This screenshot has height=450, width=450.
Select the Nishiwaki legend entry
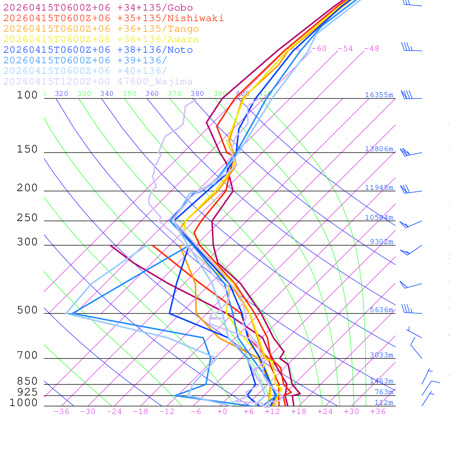pos(113,18)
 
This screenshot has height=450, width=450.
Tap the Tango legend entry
pos(101,29)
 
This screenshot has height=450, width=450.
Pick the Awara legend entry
pos(101,40)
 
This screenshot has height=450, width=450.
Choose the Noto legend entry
pos(98,50)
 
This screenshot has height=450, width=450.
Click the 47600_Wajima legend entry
pos(98,82)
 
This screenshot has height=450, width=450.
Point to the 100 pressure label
pos(27,95)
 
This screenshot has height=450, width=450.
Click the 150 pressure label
pos(27,149)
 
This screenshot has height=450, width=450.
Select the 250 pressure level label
pos(27,218)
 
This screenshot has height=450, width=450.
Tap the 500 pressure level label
pos(27,310)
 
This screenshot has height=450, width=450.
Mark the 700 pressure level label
pos(27,356)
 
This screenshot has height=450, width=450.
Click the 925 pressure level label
pos(27,392)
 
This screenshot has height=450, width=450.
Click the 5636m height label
pos(381,310)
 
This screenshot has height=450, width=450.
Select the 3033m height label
pos(381,355)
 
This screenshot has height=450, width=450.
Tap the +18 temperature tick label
pos(298,412)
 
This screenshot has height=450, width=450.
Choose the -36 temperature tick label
pos(61,412)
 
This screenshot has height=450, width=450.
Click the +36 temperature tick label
pos(378,412)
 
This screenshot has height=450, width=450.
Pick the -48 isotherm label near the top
pos(371,48)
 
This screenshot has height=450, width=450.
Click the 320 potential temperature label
pos(62,94)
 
